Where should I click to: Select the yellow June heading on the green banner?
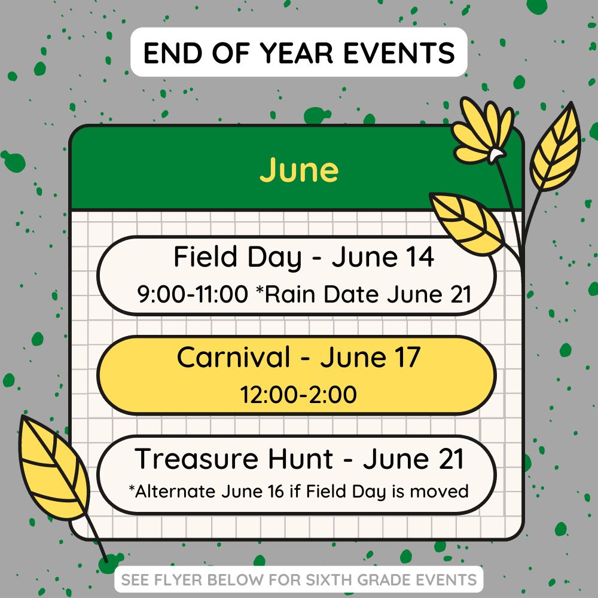point(299,170)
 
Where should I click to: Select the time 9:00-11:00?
point(192,294)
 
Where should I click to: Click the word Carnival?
point(233,357)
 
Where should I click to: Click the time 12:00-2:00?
point(298,395)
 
